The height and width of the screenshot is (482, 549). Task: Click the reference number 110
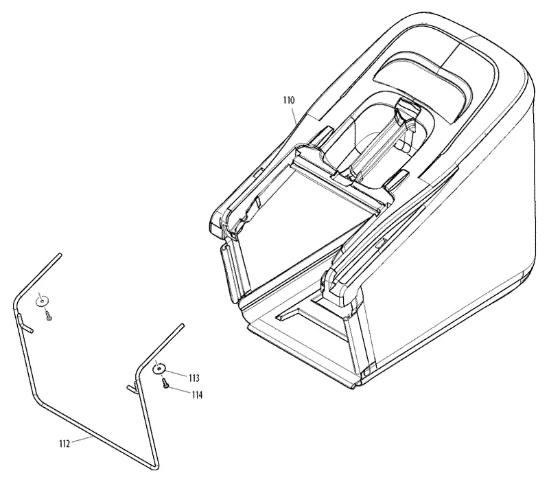coord(289,100)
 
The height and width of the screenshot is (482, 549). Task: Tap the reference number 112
coord(65,444)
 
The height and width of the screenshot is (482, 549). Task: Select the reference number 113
coord(194,378)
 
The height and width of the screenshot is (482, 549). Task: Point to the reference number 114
coord(197,395)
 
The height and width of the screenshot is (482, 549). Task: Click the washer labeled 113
coord(159,369)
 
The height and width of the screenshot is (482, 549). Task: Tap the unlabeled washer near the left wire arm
coord(43,301)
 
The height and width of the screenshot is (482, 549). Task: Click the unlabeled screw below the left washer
coord(49,315)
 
